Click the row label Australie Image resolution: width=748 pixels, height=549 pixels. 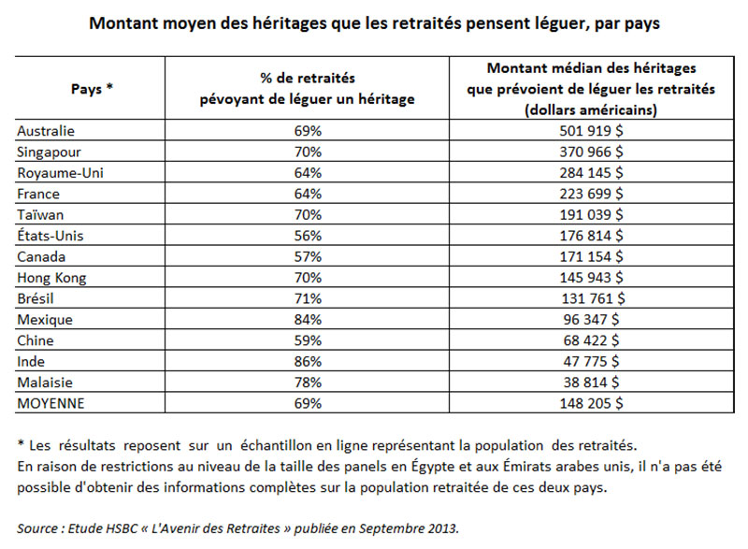[46, 131]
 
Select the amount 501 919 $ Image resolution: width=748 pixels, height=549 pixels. [591, 131]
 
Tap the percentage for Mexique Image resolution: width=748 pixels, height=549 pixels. [308, 320]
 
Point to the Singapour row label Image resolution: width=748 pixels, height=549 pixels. [50, 152]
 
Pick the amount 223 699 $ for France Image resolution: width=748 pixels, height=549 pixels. [591, 194]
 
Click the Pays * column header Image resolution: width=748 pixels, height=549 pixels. [92, 89]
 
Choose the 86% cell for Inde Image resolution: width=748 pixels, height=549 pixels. [308, 362]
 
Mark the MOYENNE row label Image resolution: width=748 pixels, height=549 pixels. [50, 403]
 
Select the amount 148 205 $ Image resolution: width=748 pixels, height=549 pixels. [591, 403]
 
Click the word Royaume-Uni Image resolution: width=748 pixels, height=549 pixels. [60, 173]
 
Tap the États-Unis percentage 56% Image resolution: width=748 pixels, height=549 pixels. [308, 236]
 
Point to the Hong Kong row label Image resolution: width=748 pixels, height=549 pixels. [51, 278]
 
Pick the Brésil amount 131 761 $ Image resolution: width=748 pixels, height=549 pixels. [593, 298]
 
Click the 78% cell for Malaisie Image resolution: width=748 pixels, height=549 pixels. [308, 383]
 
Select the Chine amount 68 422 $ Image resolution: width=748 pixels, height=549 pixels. [591, 340]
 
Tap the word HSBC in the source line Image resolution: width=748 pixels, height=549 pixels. [121, 528]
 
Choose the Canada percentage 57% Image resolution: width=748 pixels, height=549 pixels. [308, 256]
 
